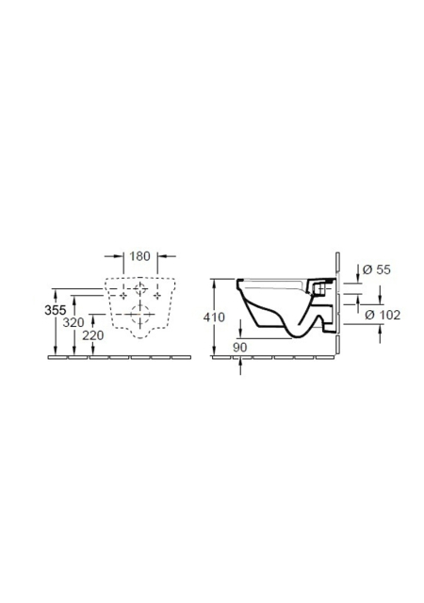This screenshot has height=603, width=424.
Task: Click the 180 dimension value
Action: [x=139, y=256]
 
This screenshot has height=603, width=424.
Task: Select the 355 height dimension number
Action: [x=56, y=310]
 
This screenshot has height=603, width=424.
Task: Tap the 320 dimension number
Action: [x=73, y=322]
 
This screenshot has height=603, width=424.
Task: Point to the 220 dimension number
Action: [x=93, y=335]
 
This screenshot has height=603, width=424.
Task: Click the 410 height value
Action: [x=214, y=318]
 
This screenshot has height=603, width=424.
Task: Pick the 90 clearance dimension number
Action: [x=239, y=348]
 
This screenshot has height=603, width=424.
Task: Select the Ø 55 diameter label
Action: [x=377, y=269]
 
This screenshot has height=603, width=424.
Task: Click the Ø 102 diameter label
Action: [x=383, y=315]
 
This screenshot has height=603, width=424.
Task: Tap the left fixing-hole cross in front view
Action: [x=123, y=295]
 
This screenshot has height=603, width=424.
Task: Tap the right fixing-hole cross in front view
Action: [x=157, y=295]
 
